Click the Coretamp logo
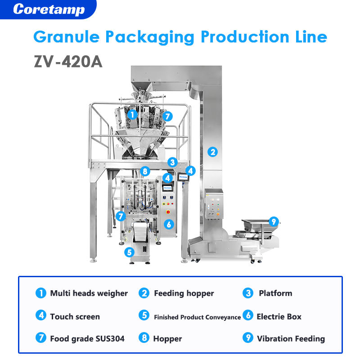(49, 9)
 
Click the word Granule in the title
(67, 37)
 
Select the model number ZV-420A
(68, 62)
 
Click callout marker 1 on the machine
(132, 115)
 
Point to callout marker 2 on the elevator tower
(212, 152)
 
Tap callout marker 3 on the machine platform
(172, 162)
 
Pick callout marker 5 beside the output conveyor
(129, 252)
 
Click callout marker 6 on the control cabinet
(169, 224)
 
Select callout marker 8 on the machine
(145, 171)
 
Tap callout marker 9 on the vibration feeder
(274, 222)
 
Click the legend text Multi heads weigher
(89, 293)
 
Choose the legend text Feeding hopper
(184, 293)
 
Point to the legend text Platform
(275, 293)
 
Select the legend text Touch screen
(75, 317)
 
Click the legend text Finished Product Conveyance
(198, 317)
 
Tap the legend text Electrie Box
(279, 317)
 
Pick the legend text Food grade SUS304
(87, 339)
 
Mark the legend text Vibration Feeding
(291, 339)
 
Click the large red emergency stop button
(168, 212)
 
